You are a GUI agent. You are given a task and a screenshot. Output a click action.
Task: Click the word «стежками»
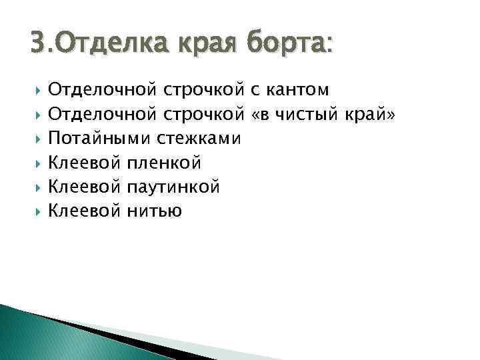(200, 139)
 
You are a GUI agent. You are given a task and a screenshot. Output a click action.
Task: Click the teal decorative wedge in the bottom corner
(40, 337)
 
